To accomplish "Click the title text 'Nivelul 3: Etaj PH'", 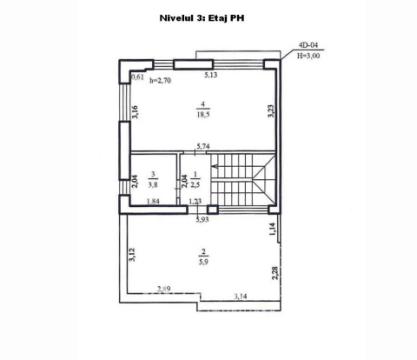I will click(x=207, y=17).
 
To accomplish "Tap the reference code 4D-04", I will click(x=307, y=46).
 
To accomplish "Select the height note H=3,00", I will click(x=307, y=57).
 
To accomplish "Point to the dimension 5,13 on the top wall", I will click(x=212, y=75).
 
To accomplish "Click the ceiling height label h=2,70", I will click(x=160, y=85).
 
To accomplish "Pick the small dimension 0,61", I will click(x=138, y=76).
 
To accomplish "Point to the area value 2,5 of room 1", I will click(x=194, y=185).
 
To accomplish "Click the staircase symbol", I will click(x=244, y=180).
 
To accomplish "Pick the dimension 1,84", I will click(x=153, y=203).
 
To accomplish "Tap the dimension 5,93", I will click(x=201, y=219).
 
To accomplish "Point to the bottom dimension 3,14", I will click(x=240, y=297).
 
